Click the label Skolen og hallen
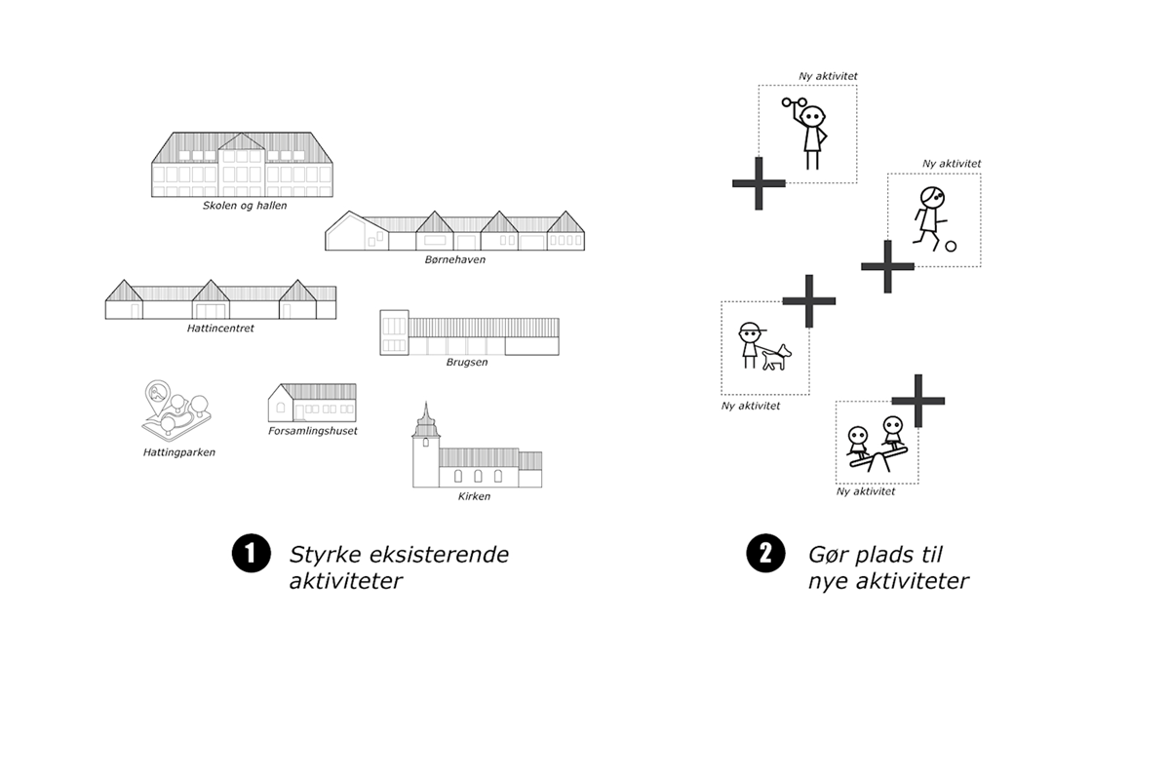245,206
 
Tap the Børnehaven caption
454,260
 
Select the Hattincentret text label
220,329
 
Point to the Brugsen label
468,362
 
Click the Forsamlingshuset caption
312,431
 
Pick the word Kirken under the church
474,496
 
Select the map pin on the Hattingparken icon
155,395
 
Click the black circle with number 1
250,554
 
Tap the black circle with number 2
765,554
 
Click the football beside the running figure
951,247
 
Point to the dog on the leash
776,357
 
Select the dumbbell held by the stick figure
795,102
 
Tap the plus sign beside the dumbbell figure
759,182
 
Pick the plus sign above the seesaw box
917,400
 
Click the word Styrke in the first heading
322,555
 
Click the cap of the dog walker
750,328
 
